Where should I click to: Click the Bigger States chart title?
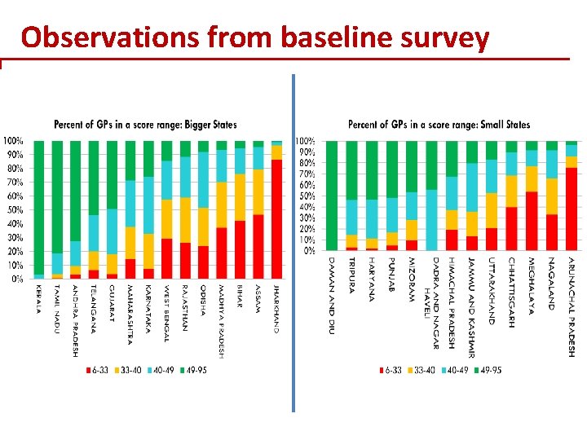pyautogui.click(x=145, y=125)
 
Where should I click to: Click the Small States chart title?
pyautogui.click(x=439, y=125)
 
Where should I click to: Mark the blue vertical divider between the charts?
pyautogui.click(x=293, y=244)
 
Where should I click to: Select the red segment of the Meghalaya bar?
pyautogui.click(x=532, y=221)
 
